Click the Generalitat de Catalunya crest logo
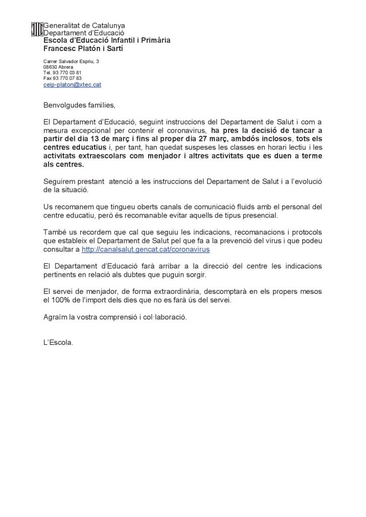tap(37, 29)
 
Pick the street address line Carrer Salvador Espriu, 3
tap(71, 61)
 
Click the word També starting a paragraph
tap(55, 233)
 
